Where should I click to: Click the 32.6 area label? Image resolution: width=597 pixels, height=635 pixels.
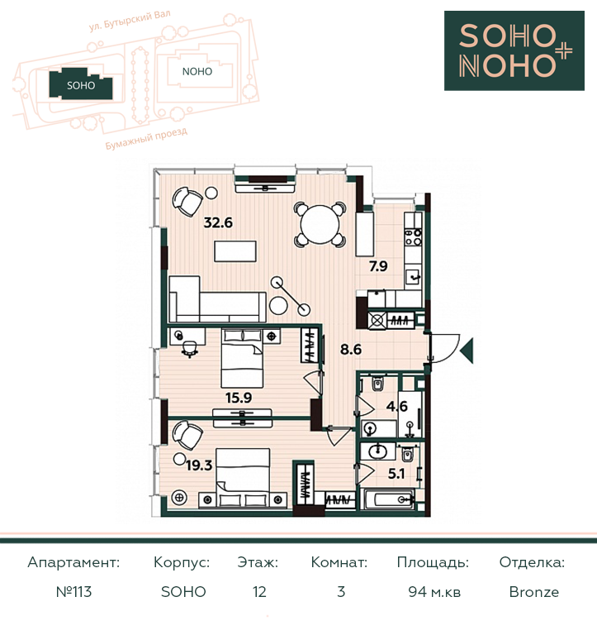point(218,222)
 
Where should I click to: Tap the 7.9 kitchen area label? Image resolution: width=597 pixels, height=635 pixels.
point(378,266)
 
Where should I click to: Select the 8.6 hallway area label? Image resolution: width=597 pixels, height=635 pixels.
point(351,349)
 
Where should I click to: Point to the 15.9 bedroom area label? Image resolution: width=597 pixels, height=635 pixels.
point(239,398)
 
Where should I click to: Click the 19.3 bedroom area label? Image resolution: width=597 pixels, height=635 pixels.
point(199,466)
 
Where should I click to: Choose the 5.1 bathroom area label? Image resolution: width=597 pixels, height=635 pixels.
point(396,474)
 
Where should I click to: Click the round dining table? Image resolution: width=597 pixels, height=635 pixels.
point(320,225)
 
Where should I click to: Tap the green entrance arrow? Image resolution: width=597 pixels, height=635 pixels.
point(467,351)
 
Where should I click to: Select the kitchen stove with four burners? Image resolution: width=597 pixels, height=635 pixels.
point(414,237)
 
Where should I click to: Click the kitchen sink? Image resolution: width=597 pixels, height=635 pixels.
point(414,277)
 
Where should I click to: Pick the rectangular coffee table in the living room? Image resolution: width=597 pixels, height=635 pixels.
point(235,251)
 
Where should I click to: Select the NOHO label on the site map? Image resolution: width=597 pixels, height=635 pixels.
point(197,72)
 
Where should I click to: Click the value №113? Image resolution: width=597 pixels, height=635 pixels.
point(73,592)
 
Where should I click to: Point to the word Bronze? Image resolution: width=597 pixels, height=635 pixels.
point(534,592)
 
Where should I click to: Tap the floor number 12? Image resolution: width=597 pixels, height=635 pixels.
point(259,592)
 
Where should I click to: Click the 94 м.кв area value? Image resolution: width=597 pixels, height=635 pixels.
point(434,592)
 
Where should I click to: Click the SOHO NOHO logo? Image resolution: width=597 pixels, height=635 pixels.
point(514,50)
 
